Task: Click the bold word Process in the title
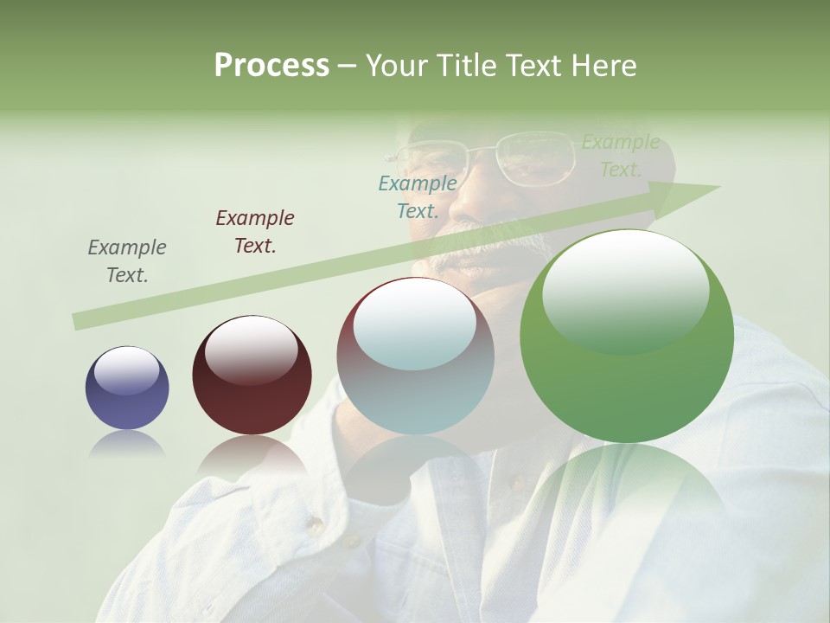click(x=271, y=66)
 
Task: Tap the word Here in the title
click(x=605, y=66)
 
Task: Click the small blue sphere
click(x=127, y=388)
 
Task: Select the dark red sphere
click(x=252, y=376)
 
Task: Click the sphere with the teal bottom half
click(x=415, y=356)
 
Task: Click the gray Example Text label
click(x=127, y=261)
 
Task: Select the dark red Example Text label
click(x=255, y=232)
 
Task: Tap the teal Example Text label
click(x=418, y=196)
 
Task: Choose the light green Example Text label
click(x=621, y=156)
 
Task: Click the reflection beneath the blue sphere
click(x=127, y=443)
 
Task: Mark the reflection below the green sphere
click(x=627, y=485)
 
